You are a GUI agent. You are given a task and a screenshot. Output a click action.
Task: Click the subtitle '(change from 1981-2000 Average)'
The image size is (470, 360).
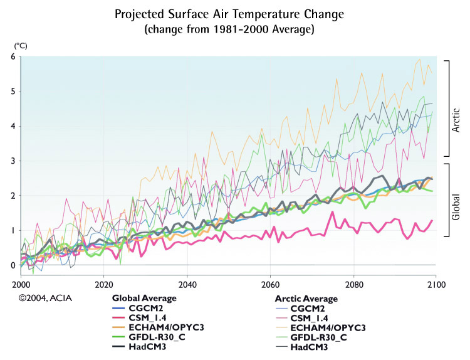click(235, 29)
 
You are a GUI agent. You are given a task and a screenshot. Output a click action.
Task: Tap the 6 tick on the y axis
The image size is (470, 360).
click(13, 56)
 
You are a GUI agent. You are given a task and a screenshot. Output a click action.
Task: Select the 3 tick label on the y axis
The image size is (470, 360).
click(13, 161)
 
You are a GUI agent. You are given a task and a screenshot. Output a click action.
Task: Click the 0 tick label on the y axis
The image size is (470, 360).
click(13, 265)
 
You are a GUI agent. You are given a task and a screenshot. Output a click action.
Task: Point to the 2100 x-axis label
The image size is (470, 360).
click(436, 283)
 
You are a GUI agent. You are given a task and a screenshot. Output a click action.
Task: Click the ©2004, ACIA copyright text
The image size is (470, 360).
click(45, 299)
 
